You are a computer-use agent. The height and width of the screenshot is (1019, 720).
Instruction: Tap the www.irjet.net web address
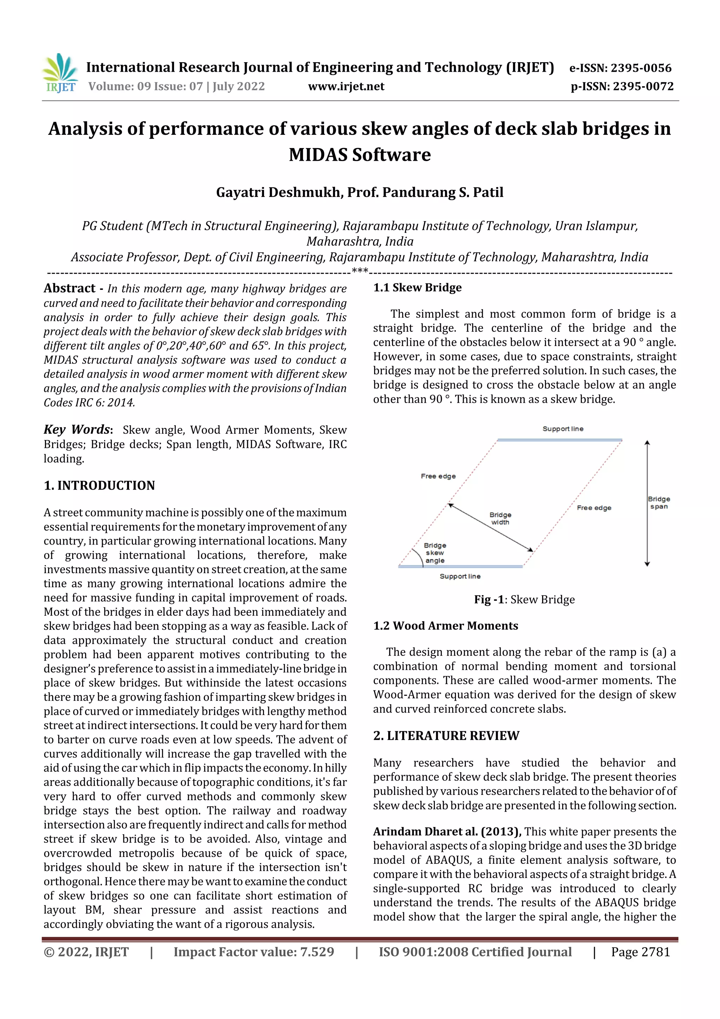(346, 86)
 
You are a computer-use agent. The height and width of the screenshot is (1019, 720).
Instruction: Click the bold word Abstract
(69, 288)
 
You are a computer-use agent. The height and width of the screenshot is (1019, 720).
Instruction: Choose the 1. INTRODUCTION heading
(99, 485)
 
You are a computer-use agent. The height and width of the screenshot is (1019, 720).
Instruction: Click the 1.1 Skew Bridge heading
(417, 288)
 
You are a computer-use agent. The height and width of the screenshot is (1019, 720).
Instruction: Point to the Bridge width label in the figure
(500, 518)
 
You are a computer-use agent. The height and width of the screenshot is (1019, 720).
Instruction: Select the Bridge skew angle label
(435, 553)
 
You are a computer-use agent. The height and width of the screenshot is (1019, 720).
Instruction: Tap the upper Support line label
(562, 429)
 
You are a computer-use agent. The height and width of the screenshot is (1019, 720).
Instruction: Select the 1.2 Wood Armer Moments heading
(445, 626)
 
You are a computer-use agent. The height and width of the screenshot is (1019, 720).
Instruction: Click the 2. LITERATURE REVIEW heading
(446, 736)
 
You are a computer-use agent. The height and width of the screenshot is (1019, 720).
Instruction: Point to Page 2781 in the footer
(640, 951)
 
